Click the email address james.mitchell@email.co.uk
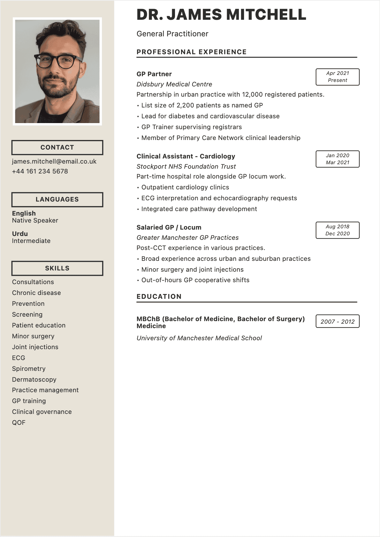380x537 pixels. point(54,161)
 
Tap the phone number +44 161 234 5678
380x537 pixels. point(40,171)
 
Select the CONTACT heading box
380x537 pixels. point(57,147)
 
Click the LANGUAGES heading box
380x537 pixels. point(57,199)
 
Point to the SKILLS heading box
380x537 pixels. point(57,268)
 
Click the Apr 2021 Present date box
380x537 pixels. point(338,77)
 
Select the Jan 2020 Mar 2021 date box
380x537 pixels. point(338,159)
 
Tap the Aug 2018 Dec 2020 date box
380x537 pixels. point(338,230)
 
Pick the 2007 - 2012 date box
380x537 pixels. point(338,321)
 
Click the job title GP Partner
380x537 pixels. point(154,74)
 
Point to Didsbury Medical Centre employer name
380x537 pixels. point(174,84)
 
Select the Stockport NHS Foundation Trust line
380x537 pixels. point(186,166)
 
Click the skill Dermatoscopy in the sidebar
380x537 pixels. point(34,379)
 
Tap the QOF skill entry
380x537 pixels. point(19,423)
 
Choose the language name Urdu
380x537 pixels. point(20,234)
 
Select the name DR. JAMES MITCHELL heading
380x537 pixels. point(221,15)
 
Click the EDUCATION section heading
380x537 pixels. point(159,297)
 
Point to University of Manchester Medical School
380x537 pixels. point(199,338)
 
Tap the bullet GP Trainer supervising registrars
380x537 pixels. point(191,127)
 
